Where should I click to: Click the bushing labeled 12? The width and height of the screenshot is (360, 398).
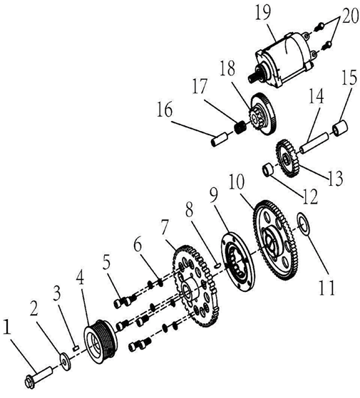click(x=269, y=172)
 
